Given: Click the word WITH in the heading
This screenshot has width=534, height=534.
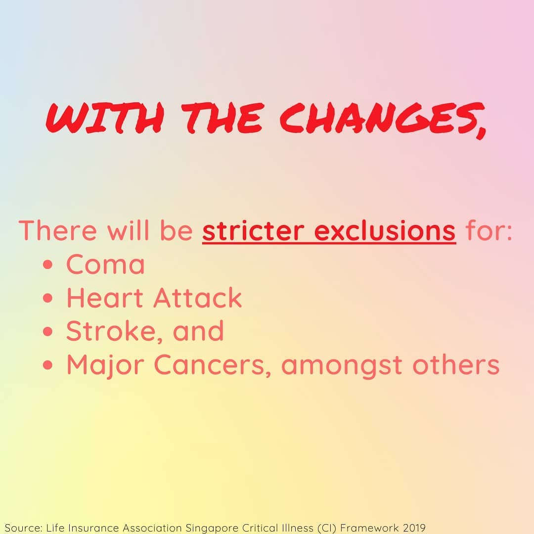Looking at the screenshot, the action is click(105, 118).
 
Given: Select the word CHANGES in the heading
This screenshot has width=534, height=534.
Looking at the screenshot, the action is click(378, 118).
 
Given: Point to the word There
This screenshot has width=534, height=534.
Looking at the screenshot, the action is click(58, 231).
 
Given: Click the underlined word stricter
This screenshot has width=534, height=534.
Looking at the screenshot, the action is click(253, 231).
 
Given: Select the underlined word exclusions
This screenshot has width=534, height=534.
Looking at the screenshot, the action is click(385, 231).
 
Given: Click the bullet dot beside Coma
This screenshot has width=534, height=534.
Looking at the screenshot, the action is click(48, 265).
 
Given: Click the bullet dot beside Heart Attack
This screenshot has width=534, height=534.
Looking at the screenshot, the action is click(48, 298).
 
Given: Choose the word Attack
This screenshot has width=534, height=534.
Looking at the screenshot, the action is click(197, 298).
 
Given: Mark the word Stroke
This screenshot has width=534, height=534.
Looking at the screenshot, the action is click(110, 331).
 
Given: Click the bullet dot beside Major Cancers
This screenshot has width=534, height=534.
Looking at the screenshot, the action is click(48, 365).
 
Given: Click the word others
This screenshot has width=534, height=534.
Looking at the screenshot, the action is click(456, 364).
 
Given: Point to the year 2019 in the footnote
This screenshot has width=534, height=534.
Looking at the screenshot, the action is click(414, 528).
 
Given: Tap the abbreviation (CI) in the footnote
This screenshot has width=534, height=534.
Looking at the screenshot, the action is click(327, 528).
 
